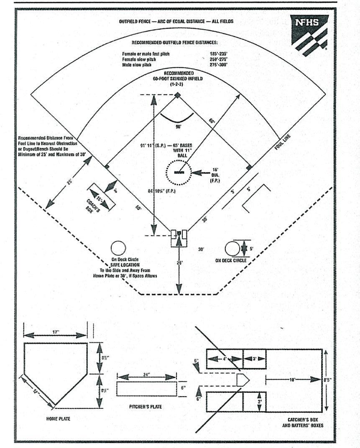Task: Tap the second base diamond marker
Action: click(x=178, y=95)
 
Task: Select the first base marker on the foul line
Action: click(x=249, y=167)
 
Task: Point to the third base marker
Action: click(x=107, y=167)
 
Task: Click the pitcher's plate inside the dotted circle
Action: click(x=179, y=172)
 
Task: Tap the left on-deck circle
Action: click(x=118, y=248)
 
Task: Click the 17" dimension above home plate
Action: click(x=55, y=332)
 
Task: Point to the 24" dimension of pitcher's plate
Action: click(x=147, y=375)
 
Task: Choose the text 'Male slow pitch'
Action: click(x=137, y=65)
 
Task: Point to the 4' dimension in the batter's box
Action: click(x=225, y=359)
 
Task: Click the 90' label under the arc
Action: click(x=178, y=126)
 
